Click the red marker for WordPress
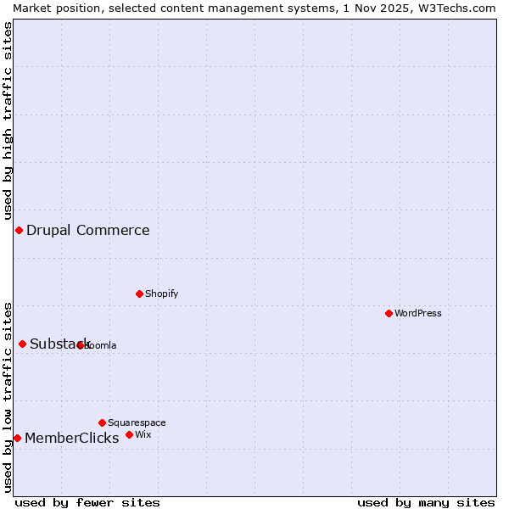[x=389, y=313]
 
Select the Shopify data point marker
[x=139, y=294]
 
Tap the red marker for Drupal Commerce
[x=19, y=230]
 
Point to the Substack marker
[x=23, y=344]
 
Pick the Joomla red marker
[x=81, y=345]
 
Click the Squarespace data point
[x=102, y=422]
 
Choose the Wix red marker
[x=129, y=434]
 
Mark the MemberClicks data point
[x=17, y=438]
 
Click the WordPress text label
[x=418, y=313]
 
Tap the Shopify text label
[x=161, y=294]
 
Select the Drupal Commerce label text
[x=88, y=230]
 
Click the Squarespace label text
[x=137, y=422]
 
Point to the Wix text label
[x=143, y=434]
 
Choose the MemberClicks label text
[x=72, y=438]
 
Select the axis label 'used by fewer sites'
[x=87, y=502]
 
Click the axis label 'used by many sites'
[x=426, y=502]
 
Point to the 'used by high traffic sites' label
[x=8, y=120]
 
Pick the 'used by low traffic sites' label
[x=8, y=396]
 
